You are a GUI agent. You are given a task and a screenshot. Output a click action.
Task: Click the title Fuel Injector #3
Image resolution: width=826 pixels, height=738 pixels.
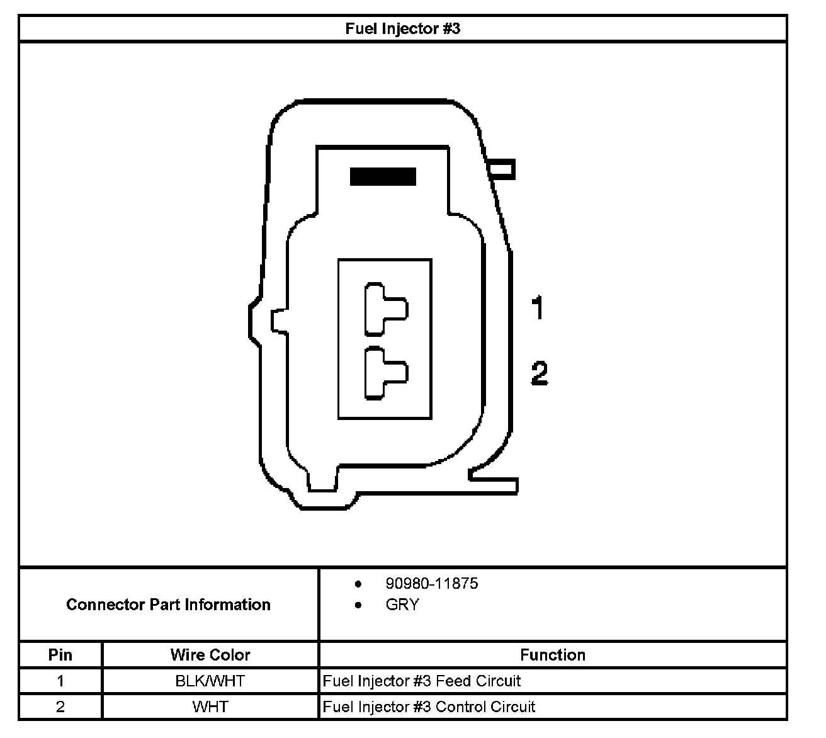click(x=403, y=29)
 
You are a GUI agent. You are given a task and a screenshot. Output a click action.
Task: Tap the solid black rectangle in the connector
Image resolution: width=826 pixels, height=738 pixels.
click(x=383, y=176)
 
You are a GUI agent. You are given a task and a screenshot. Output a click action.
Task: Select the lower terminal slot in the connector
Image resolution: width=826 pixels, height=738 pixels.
click(x=385, y=373)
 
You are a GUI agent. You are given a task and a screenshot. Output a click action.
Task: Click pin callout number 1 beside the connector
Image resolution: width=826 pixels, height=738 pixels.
click(x=537, y=309)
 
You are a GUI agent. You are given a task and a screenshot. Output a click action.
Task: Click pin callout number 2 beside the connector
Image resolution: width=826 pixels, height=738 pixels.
click(x=540, y=373)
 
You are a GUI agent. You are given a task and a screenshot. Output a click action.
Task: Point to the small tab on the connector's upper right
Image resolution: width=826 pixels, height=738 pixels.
click(x=502, y=169)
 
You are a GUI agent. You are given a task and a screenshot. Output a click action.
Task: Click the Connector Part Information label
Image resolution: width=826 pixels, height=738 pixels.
click(x=168, y=605)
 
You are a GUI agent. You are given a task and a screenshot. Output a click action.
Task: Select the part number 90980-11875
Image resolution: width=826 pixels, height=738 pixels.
click(x=432, y=584)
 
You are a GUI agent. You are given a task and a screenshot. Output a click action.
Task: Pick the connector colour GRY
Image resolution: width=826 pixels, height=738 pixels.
click(x=402, y=605)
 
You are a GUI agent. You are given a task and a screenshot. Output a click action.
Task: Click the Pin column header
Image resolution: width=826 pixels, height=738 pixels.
click(x=60, y=655)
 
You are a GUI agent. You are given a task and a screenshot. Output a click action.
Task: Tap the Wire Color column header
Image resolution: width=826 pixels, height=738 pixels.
click(x=210, y=655)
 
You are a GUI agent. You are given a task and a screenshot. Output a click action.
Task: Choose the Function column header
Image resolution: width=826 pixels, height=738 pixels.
click(x=553, y=655)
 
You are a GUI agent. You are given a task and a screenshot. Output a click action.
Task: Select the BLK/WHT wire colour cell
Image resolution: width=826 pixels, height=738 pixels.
click(x=210, y=681)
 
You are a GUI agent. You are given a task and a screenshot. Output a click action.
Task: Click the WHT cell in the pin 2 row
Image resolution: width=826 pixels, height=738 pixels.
click(x=210, y=707)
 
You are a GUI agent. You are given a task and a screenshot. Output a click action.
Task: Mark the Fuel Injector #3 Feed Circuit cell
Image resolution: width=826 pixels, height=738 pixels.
click(x=422, y=681)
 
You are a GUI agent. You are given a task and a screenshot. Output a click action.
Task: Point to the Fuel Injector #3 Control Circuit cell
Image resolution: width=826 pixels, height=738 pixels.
click(x=429, y=707)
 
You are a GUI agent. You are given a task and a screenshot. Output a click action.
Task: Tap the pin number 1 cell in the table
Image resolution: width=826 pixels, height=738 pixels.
click(x=60, y=681)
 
